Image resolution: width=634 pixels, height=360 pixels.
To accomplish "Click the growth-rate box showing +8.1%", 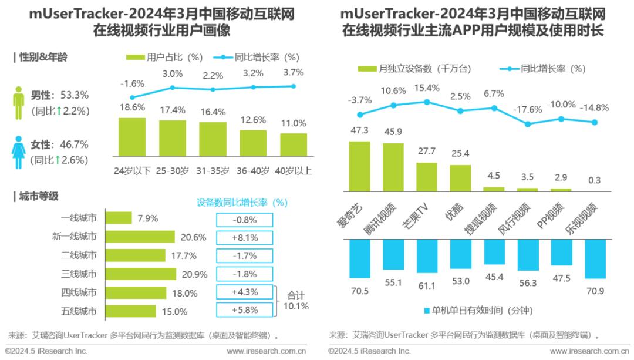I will [x=244, y=237].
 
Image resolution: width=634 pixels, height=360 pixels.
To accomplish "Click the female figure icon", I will [x=19, y=153].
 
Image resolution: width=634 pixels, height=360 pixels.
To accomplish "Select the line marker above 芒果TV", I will [x=427, y=102].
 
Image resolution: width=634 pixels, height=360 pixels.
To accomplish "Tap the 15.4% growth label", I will [x=427, y=88].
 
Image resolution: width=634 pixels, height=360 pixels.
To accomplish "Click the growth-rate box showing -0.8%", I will [x=244, y=219].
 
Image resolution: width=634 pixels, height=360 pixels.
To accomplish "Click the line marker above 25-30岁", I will [x=173, y=88].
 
